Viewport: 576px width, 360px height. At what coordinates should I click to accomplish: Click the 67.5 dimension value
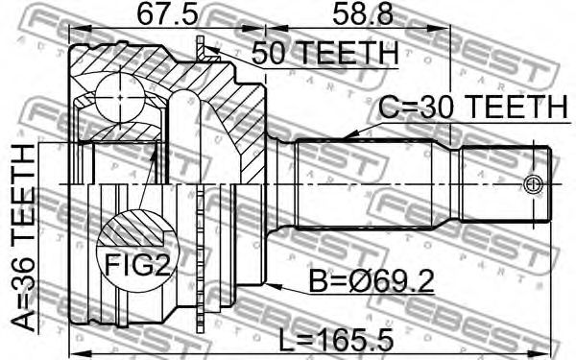(x=167, y=14)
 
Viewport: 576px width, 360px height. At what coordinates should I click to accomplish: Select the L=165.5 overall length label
(x=336, y=340)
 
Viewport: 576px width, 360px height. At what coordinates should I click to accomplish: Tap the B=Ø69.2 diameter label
(x=372, y=281)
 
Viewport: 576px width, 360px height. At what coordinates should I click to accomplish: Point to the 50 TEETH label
(x=324, y=53)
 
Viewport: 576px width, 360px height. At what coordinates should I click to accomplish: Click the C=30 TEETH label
(x=473, y=107)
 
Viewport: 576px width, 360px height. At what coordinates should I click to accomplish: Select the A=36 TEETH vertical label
(x=23, y=238)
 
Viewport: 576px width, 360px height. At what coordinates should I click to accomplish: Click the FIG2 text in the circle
(x=137, y=265)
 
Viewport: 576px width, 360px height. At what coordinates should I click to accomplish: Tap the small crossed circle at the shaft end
(x=533, y=184)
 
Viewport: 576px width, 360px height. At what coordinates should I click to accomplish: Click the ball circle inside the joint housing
(x=119, y=97)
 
